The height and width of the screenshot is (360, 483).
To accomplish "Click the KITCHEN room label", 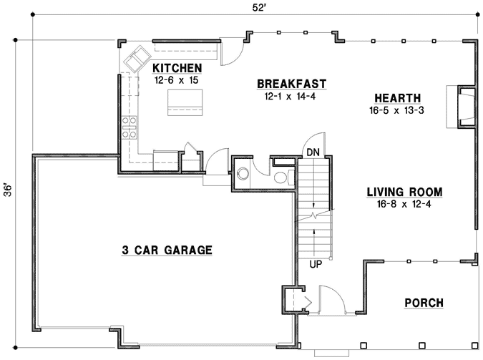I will click(x=177, y=68).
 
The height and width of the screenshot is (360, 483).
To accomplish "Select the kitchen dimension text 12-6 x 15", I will click(x=177, y=80).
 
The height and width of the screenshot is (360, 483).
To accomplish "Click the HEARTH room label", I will click(x=397, y=98).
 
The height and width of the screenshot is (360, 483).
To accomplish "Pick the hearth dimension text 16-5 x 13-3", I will click(x=397, y=111).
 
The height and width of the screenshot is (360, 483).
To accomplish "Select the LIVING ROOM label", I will click(x=404, y=192).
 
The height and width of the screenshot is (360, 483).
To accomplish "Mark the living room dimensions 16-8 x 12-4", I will click(x=404, y=205).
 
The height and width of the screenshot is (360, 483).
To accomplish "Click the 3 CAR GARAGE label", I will click(x=166, y=250).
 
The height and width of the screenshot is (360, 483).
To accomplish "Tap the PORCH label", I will click(x=424, y=303).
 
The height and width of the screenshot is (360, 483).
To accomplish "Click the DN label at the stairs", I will click(x=313, y=152).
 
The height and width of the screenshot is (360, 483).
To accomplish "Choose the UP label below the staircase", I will click(x=316, y=265).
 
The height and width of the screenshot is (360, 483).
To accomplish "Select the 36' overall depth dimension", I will click(x=9, y=191).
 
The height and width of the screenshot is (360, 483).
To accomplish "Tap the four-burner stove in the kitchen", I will click(x=129, y=127).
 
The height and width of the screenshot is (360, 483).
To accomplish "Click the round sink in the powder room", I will click(x=243, y=172).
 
